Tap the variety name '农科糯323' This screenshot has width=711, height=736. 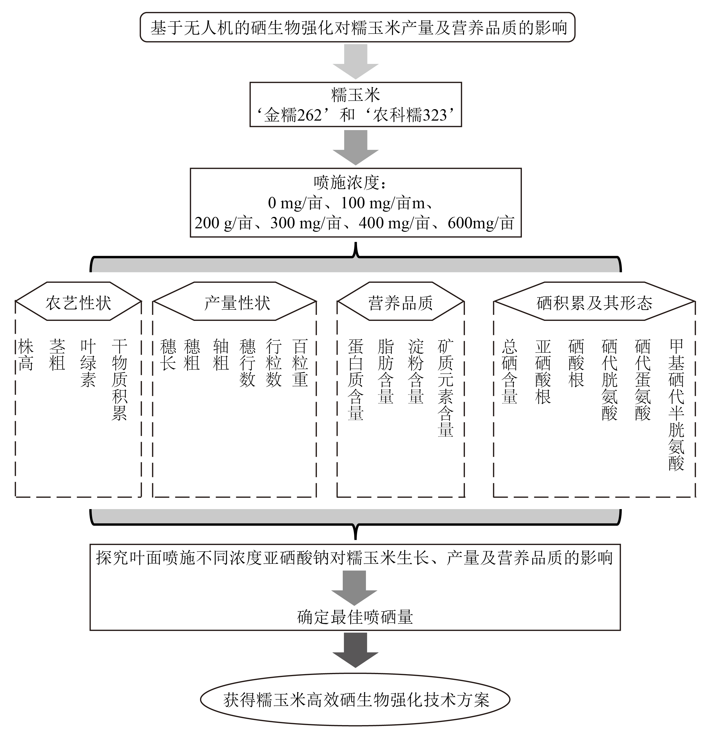410,115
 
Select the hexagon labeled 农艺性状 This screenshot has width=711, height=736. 78,302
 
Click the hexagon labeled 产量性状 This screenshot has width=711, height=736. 237,302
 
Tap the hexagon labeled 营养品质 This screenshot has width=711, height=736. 400,302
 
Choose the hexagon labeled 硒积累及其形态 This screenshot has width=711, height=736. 594,302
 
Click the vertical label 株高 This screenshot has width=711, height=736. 26,355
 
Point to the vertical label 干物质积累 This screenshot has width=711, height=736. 120,380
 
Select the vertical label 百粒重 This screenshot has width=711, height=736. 300,363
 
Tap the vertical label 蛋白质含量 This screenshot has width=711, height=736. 355,380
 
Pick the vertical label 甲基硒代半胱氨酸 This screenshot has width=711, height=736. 676,405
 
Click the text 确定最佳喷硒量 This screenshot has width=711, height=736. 355,617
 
